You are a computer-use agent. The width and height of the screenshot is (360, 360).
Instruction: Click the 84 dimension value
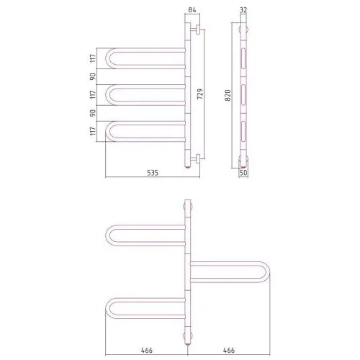(192, 10)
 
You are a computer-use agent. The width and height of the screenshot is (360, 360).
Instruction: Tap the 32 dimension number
(243, 10)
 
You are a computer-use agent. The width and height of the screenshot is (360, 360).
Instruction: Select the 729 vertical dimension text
(200, 94)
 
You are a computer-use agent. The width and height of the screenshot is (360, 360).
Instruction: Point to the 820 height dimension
(228, 95)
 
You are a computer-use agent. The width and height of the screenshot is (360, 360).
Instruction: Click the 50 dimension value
(243, 173)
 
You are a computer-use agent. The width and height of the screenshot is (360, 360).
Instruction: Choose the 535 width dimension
(153, 173)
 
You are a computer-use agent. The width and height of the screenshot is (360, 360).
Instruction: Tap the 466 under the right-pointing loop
(229, 350)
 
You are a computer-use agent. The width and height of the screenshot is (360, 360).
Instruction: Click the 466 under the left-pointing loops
(147, 350)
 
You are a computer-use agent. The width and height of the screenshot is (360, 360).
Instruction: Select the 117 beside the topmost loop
(93, 58)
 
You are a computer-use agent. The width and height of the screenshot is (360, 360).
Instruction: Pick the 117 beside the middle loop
(93, 94)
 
